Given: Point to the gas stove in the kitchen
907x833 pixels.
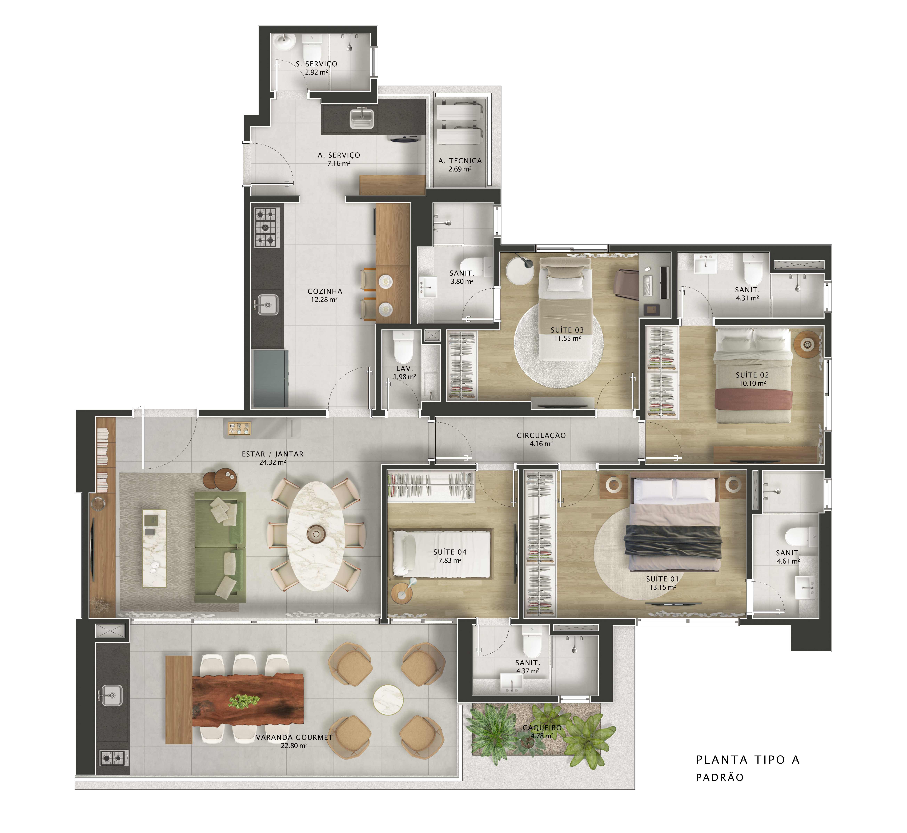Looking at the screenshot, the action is click(267, 227).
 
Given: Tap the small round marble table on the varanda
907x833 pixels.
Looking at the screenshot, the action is click(388, 700).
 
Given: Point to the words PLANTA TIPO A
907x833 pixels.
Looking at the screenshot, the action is click(748, 760).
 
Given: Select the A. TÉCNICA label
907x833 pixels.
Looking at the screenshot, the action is click(460, 161).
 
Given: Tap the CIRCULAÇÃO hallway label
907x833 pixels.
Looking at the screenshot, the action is click(541, 435).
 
